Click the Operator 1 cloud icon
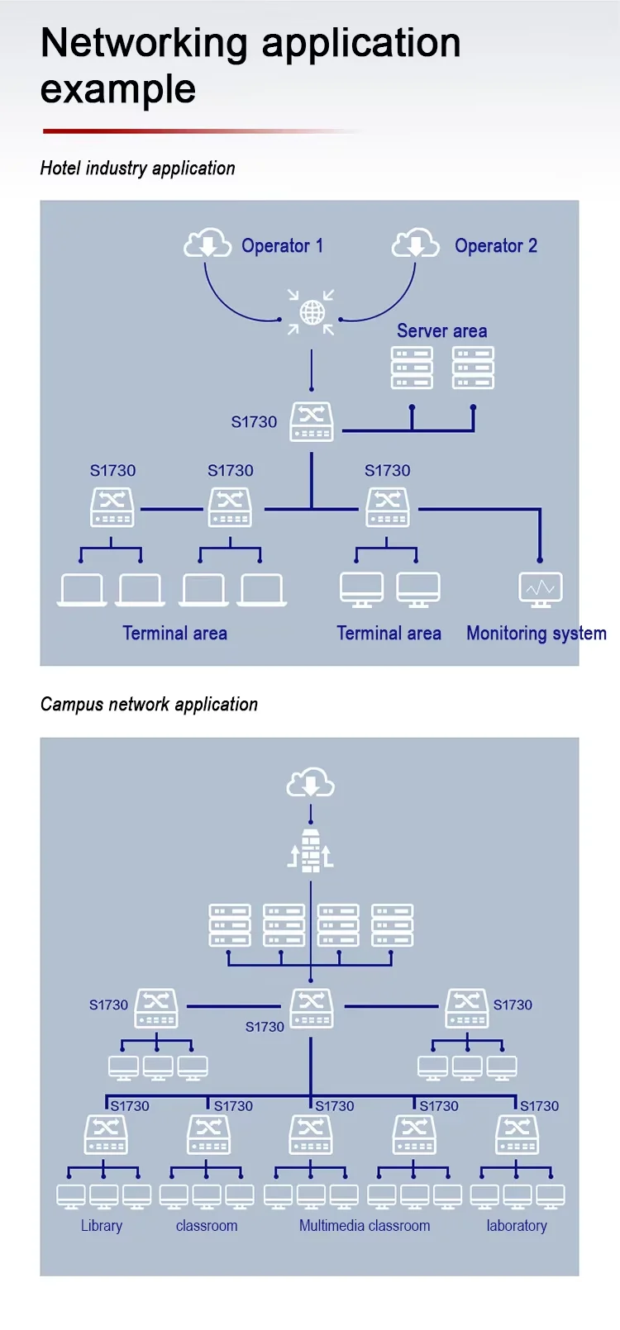(207, 243)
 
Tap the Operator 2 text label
(496, 246)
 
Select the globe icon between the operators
(312, 312)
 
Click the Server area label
(441, 330)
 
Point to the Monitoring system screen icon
(541, 589)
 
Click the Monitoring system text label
(537, 634)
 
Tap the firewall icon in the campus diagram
(310, 851)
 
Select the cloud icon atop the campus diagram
(310, 782)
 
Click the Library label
(102, 1226)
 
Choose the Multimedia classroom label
(365, 1226)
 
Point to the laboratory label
(517, 1226)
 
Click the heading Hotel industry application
(137, 169)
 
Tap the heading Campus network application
(149, 705)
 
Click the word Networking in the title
(144, 44)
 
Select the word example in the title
(117, 90)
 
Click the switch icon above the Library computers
(106, 1134)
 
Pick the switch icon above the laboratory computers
(517, 1134)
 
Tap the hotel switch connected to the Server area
(312, 421)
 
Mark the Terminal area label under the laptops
(174, 634)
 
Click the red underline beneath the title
(202, 131)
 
